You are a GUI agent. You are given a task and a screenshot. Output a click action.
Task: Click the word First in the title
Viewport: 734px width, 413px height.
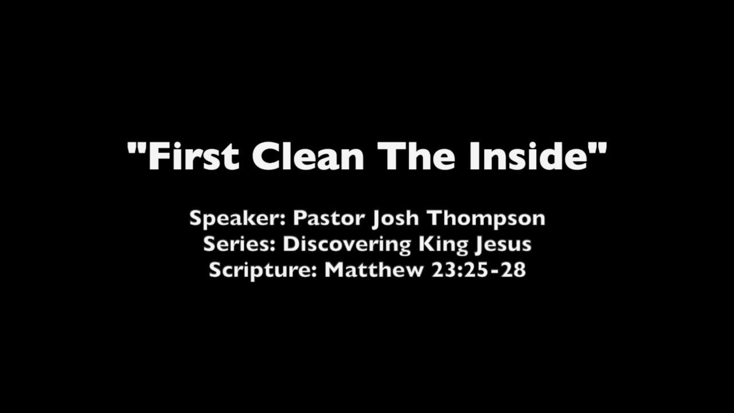pos(193,157)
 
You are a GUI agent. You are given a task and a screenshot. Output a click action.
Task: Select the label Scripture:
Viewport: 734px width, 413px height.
pos(263,270)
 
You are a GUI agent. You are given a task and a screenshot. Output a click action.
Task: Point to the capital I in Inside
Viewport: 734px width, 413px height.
pos(474,157)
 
